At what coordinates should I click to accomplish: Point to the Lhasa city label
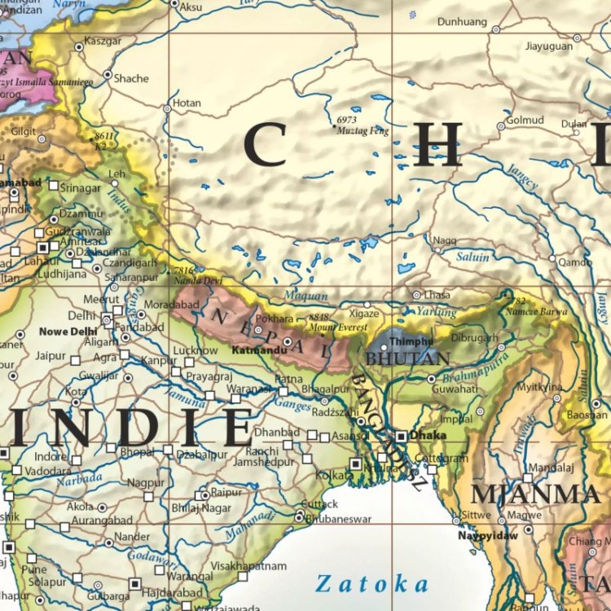coord(437,295)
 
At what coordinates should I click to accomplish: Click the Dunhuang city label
coord(462,22)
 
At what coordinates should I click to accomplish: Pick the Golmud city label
coord(525,120)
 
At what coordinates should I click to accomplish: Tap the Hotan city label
coord(187,103)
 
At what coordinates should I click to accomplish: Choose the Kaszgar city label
coord(103,41)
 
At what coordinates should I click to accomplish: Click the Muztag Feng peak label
coord(363,130)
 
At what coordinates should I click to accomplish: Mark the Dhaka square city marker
coord(401,436)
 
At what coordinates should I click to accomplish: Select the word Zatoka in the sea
coord(371,583)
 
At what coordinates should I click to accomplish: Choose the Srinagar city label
coord(80,187)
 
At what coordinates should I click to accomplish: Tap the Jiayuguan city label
coord(549,46)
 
